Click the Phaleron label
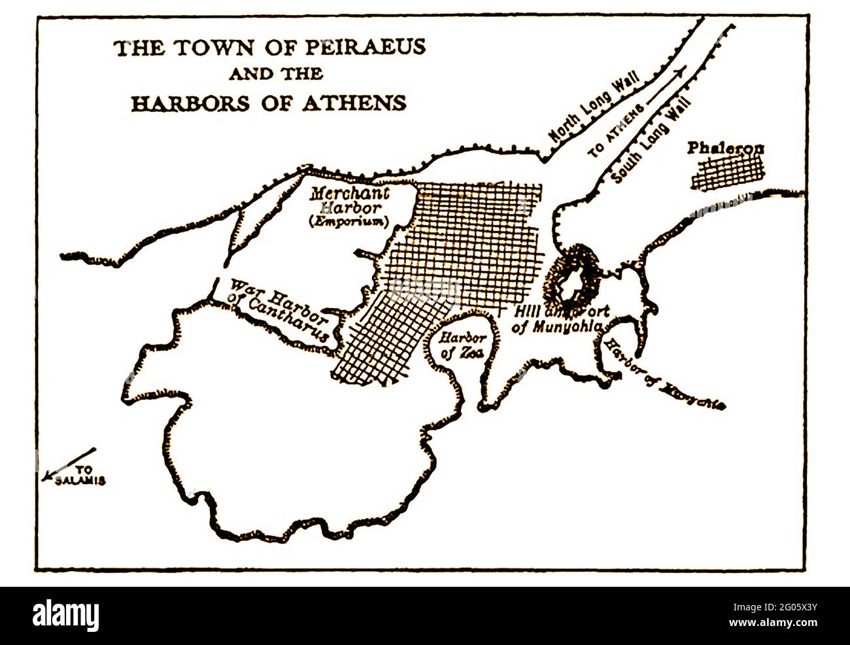(725, 148)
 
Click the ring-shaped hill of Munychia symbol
(575, 278)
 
